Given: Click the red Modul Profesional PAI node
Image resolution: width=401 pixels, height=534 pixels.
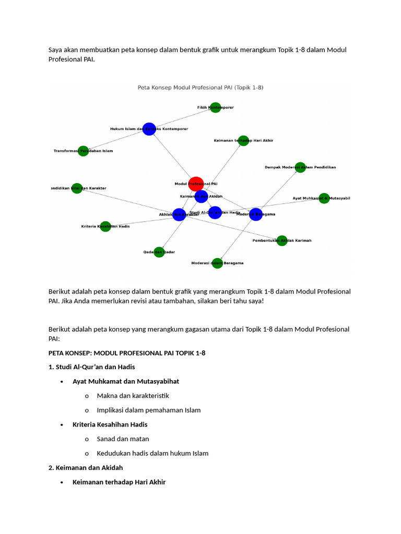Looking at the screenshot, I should tap(196, 184).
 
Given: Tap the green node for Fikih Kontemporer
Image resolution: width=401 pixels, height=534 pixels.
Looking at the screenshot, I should tap(215, 107).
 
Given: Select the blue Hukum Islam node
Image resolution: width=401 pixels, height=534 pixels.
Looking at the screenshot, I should tap(149, 129).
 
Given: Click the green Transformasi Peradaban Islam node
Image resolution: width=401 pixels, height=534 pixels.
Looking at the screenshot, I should tap(83, 151).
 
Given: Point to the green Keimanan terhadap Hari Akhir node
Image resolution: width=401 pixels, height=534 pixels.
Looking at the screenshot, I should tap(243, 140).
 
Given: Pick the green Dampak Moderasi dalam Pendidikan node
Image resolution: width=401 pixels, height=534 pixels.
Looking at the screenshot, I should tap(300, 167).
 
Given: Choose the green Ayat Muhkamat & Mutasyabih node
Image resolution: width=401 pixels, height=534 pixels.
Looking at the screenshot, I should tap(324, 198).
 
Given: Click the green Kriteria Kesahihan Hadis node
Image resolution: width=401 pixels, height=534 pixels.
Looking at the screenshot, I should tap(105, 226).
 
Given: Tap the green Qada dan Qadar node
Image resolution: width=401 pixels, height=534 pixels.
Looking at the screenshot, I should tap(159, 252).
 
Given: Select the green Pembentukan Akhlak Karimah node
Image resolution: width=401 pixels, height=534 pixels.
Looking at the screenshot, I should tap(282, 240).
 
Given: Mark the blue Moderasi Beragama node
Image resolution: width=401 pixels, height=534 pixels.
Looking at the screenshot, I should tap(256, 214).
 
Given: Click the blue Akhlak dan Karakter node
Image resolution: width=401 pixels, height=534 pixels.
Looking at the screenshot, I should tap(179, 214).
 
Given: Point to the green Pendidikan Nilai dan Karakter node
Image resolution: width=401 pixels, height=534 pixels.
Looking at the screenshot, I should tap(77, 188).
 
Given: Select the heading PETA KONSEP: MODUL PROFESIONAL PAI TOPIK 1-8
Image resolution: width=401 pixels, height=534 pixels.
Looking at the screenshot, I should tap(127, 353).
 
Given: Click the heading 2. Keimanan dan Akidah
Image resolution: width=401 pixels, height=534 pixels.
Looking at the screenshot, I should tap(86, 467).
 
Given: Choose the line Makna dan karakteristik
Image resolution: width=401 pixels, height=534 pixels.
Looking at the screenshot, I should tap(133, 396).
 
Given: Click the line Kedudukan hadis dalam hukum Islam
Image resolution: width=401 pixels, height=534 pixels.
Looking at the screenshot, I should tap(152, 453).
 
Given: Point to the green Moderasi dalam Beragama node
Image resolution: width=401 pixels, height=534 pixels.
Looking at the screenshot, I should tap(217, 263).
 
